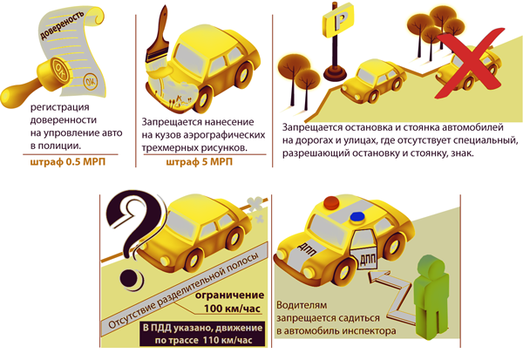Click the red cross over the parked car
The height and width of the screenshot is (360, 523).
point(470,64)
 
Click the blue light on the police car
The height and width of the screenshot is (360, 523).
point(357,216)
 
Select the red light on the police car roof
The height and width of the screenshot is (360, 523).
point(331,202)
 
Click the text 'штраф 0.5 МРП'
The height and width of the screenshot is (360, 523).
point(68,162)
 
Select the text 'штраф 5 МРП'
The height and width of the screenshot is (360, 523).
point(199,162)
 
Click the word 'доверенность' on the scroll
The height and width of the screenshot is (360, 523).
point(62,25)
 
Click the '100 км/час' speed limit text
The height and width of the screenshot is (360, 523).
point(232,309)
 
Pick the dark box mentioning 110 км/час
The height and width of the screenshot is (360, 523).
point(202,334)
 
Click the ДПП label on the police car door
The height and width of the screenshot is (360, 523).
point(368,259)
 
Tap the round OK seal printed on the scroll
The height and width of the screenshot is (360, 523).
point(91,81)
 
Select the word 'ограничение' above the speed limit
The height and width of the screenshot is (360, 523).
point(229,295)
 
